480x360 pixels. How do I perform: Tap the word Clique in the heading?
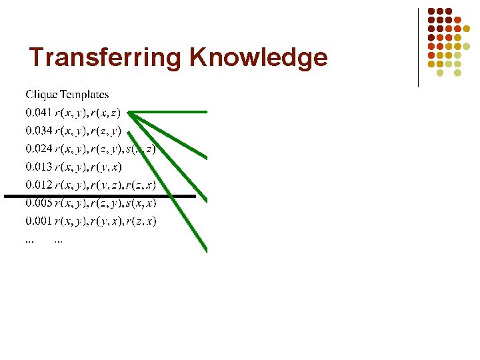[39, 95]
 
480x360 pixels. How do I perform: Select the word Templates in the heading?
[83, 95]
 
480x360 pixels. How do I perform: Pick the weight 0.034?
[37, 130]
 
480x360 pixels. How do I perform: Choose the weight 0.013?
[37, 167]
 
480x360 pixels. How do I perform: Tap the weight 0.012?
[37, 185]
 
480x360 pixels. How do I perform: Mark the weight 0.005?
[37, 203]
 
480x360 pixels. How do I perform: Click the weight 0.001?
[37, 221]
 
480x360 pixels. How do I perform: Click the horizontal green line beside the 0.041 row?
[170, 112]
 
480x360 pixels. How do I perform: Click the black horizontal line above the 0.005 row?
[100, 196]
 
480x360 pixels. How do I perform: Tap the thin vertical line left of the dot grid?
[418, 47]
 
